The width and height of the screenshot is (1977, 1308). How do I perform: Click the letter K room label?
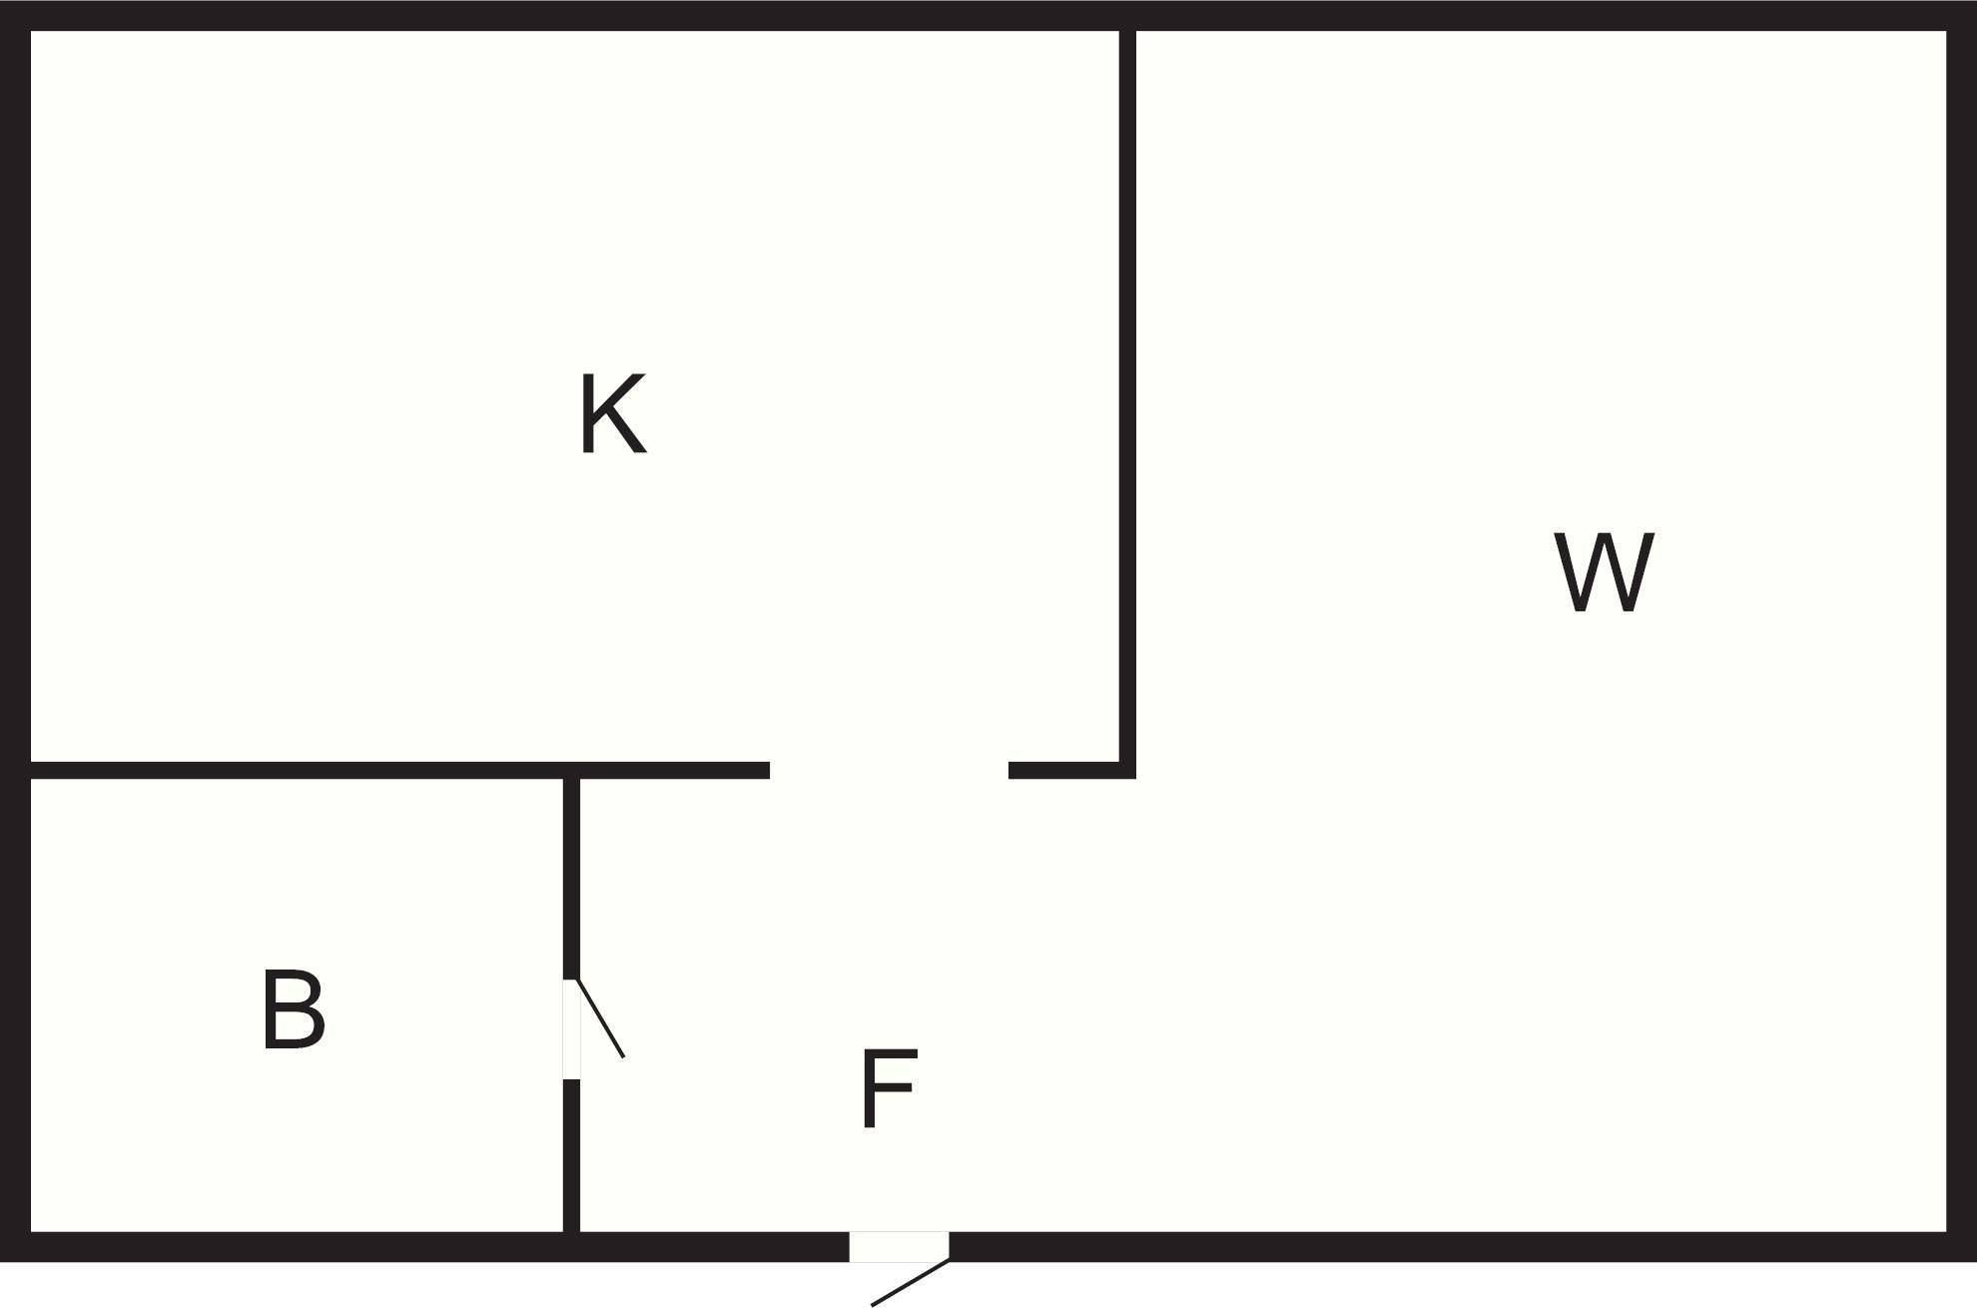point(612,414)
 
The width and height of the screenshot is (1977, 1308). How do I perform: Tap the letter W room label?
point(1604,571)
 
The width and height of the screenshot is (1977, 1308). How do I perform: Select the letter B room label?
point(293,1009)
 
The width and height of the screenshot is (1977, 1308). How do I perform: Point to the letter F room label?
point(888,1089)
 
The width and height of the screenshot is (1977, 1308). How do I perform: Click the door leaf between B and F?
point(601,1018)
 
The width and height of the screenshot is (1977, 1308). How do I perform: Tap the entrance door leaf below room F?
point(910,1282)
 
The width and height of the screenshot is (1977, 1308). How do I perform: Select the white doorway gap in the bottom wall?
point(898,1246)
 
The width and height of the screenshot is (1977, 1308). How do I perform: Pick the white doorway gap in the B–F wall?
point(571,1028)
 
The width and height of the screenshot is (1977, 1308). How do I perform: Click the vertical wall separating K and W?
point(1127,399)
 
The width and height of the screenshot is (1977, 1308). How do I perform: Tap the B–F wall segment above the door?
point(571,879)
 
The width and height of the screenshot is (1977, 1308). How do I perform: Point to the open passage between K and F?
point(889,770)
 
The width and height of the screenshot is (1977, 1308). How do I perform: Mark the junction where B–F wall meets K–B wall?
point(571,770)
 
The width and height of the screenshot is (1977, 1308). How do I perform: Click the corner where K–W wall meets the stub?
point(1127,770)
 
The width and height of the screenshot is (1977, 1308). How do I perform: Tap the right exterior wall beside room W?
point(1961,639)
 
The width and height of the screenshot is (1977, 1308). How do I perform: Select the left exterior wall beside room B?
point(15,1008)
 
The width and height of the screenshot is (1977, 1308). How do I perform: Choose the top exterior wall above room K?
point(569,15)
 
